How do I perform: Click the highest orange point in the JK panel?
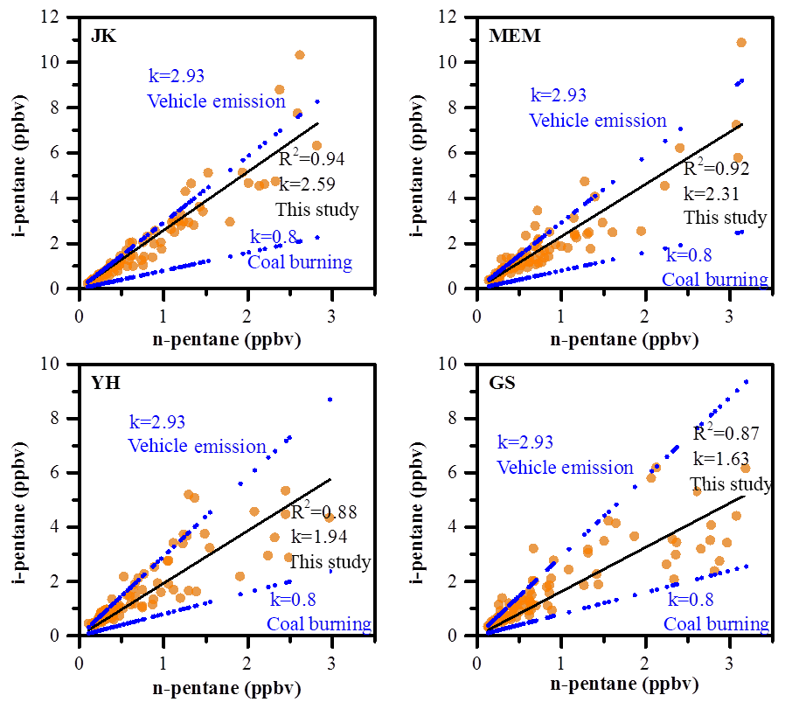(300, 55)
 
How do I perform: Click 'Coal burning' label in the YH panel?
(319, 624)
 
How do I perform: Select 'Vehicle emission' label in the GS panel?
(565, 468)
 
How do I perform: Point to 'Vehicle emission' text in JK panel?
(216, 101)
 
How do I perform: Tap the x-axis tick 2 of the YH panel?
(247, 654)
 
